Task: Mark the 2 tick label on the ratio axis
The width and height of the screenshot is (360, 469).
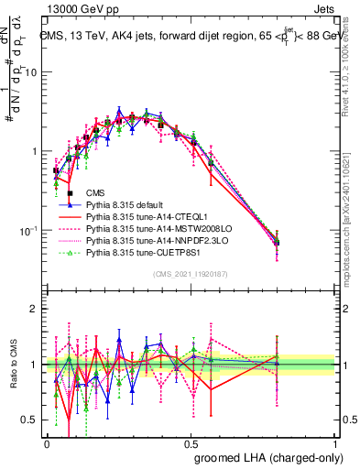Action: (x=36, y=309)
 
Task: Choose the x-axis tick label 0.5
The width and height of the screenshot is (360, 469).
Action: (x=191, y=442)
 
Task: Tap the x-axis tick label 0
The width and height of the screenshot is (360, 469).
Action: (x=47, y=442)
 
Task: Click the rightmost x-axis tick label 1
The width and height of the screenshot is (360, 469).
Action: (x=335, y=442)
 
